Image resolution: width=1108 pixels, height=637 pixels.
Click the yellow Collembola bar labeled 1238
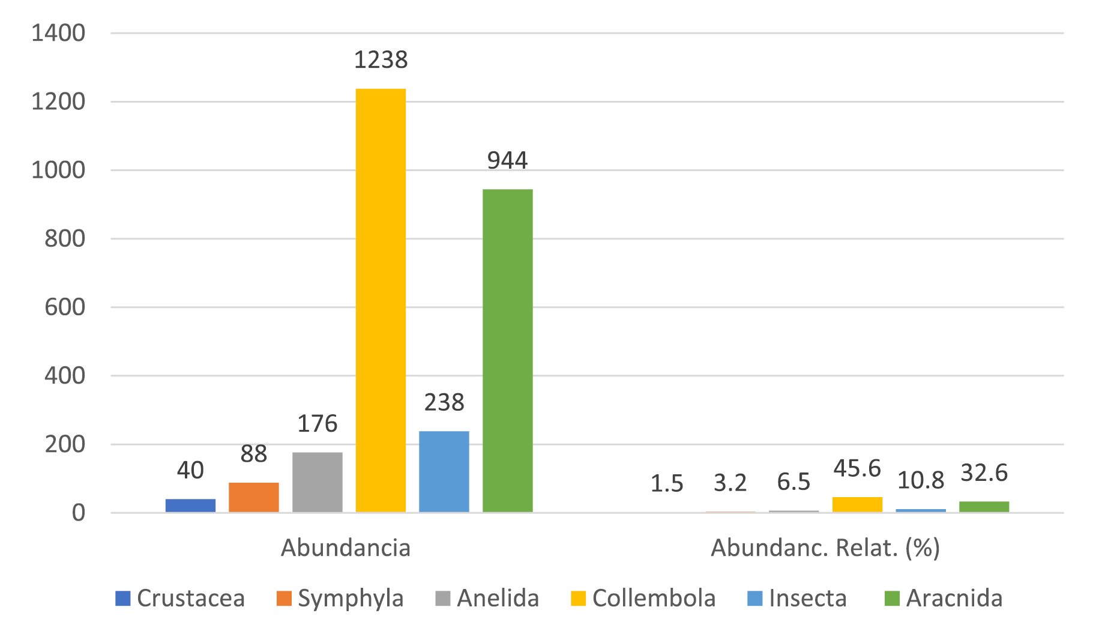[x=381, y=300]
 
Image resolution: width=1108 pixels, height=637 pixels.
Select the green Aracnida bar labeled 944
[x=507, y=351]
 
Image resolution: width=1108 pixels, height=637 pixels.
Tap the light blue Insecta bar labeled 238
[x=444, y=471]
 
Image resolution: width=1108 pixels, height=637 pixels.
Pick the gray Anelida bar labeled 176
[x=317, y=482]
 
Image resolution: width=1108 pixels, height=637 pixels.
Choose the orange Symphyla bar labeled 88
[x=253, y=497]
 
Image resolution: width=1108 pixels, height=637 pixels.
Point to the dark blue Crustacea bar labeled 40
[x=190, y=506]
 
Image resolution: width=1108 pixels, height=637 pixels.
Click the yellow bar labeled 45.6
[x=857, y=504]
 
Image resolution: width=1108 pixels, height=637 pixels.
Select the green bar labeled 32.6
[x=984, y=507]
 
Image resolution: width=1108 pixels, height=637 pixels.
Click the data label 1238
[x=381, y=60]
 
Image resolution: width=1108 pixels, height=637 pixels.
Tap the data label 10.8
[x=920, y=480]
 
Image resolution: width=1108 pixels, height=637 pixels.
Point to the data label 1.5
[x=667, y=483]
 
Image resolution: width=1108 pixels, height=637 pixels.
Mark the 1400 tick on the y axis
[x=58, y=33]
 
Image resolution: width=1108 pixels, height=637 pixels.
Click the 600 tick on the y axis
[x=65, y=307]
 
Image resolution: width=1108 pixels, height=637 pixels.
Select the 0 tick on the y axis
[x=79, y=513]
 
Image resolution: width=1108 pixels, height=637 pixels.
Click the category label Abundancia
[x=346, y=548]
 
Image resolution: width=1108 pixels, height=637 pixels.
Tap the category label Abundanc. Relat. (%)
[x=825, y=548]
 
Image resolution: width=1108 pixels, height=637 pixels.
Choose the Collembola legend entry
[x=643, y=599]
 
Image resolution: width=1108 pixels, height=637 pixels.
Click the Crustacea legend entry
[x=180, y=599]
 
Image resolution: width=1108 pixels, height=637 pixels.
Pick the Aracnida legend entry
[x=944, y=599]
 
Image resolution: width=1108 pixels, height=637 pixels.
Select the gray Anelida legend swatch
[x=442, y=599]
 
